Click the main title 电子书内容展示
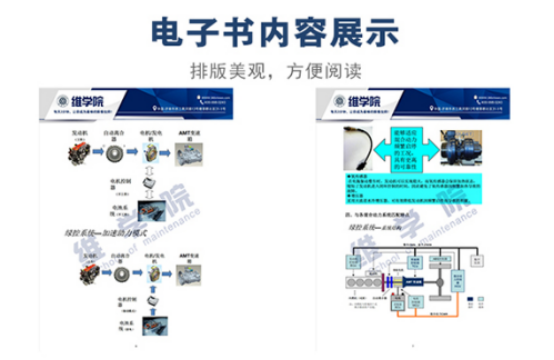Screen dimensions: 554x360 tap(276, 32)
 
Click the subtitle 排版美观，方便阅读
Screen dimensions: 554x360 tap(276, 72)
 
